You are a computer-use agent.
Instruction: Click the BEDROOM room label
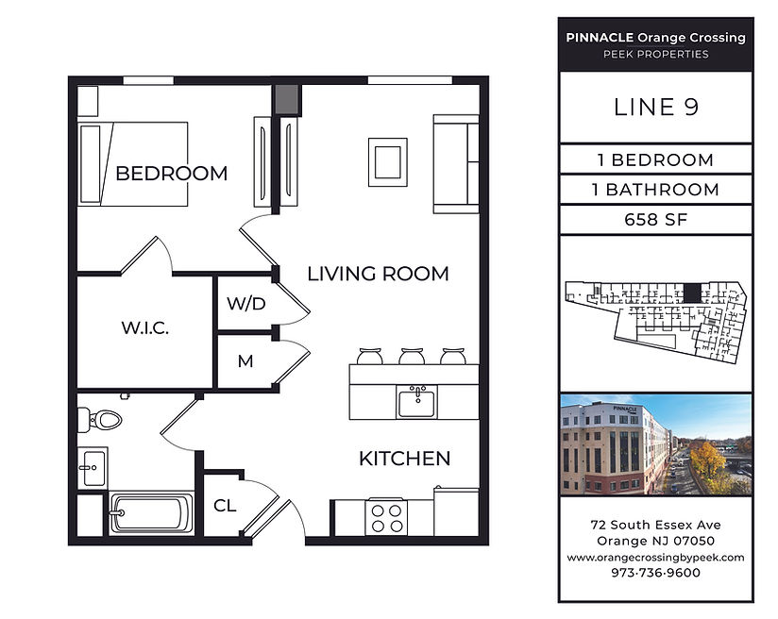[171, 174]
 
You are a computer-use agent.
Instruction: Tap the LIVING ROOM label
[378, 274]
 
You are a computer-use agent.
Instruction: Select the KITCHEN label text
[404, 459]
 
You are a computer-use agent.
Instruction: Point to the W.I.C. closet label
[144, 327]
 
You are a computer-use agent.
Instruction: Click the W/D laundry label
[246, 304]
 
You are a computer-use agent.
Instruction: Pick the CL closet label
[225, 506]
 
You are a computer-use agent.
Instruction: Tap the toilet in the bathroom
[100, 420]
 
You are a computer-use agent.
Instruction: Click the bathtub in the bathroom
[151, 513]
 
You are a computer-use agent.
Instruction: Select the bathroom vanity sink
[93, 468]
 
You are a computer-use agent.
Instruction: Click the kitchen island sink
[416, 402]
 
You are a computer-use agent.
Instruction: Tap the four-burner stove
[386, 518]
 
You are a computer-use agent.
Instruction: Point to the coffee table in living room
[388, 162]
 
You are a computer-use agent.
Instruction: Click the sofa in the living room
[456, 164]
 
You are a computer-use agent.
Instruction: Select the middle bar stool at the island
[412, 356]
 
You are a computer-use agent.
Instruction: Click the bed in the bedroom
[133, 163]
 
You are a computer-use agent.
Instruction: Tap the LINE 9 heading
[656, 108]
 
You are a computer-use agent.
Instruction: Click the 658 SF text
[656, 219]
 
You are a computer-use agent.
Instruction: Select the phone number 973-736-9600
[656, 573]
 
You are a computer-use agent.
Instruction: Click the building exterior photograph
[656, 445]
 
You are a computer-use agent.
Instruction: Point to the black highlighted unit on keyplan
[691, 293]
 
